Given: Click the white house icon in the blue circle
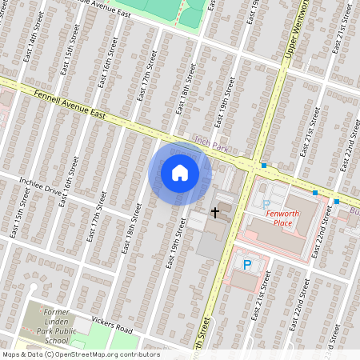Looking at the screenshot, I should click(x=180, y=173).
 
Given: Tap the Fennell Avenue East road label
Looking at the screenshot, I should click(x=71, y=103).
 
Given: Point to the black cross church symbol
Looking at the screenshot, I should click(x=214, y=212).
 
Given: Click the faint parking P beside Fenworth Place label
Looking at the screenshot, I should click(x=266, y=205).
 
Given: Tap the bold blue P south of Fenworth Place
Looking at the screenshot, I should click(x=247, y=264).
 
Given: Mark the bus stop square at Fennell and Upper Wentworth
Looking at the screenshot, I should click(x=263, y=166).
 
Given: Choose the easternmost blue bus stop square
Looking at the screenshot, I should click(x=337, y=202).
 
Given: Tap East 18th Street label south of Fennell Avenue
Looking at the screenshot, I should click(x=128, y=232).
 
